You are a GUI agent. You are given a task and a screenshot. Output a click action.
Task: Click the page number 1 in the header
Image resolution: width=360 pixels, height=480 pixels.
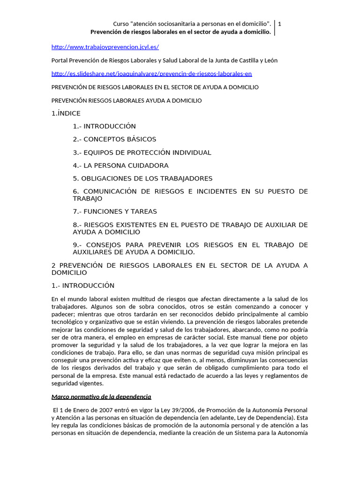(x=280, y=23)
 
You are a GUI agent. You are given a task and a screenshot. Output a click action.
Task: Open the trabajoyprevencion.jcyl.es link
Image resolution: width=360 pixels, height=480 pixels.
(x=105, y=47)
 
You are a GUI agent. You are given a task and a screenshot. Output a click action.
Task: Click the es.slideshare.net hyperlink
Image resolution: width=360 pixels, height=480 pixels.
(x=151, y=74)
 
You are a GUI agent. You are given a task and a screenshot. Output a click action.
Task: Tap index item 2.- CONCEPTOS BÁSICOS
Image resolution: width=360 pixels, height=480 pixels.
(x=114, y=139)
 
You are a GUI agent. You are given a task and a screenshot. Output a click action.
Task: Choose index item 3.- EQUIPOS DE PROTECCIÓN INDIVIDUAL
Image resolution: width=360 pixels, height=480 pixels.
(x=142, y=152)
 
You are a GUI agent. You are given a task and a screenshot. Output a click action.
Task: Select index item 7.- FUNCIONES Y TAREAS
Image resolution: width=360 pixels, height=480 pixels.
(x=115, y=211)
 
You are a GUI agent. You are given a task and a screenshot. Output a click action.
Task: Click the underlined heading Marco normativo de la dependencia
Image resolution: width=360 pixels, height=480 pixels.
(x=101, y=397)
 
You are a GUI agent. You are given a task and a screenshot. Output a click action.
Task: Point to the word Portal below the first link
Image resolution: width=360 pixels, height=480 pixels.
(x=59, y=60)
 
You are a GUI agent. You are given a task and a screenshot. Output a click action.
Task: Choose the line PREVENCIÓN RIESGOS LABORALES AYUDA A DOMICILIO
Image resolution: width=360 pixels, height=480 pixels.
(x=126, y=100)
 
